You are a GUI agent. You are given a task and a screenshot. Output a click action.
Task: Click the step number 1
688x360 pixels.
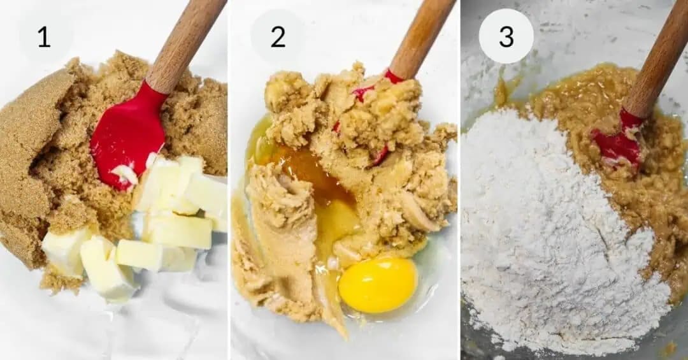click(x=43, y=37)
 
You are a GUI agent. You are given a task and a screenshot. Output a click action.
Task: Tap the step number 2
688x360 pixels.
click(x=278, y=37)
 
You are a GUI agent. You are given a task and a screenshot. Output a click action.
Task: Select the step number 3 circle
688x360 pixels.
click(x=506, y=36)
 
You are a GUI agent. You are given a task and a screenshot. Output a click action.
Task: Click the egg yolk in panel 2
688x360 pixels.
click(x=378, y=285)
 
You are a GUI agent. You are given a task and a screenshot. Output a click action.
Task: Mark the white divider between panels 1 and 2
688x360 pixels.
click(x=229, y=180)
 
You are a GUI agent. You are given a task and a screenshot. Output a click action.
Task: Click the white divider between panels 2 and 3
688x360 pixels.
click(x=459, y=180)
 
